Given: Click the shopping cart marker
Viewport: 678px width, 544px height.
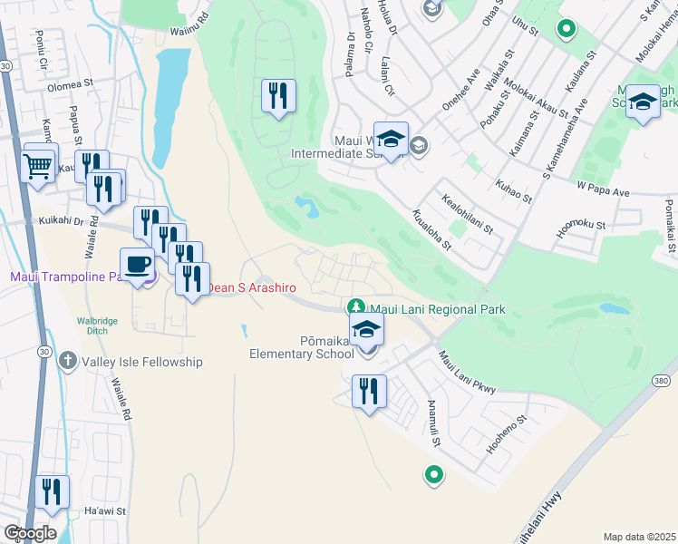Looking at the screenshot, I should point(37,166).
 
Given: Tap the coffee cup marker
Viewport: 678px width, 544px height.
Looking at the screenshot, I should point(137,265).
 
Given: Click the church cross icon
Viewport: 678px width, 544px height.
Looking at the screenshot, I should point(67,362).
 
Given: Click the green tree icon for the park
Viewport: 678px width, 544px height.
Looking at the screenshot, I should point(357,308).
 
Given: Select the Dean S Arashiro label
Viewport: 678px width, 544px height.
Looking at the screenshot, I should point(253,287).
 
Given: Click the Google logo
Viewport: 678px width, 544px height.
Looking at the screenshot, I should point(30,533).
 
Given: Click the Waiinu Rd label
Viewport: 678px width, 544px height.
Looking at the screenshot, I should point(189,28).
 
